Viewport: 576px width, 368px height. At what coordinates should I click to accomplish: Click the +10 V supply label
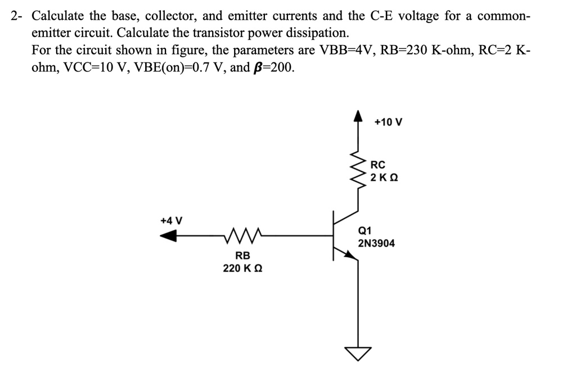(388, 122)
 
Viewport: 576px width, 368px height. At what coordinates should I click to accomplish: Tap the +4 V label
(171, 221)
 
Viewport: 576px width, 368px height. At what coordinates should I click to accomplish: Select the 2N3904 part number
(376, 244)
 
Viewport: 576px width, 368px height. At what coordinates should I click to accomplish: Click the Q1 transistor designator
(364, 230)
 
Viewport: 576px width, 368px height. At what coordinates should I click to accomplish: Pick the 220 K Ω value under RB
(242, 268)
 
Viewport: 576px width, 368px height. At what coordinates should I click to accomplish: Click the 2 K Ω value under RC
(385, 178)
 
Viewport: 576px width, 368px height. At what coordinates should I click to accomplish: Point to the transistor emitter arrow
(350, 255)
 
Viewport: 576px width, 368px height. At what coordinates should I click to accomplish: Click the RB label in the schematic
(242, 255)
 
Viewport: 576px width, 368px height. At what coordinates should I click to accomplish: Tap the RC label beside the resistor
(378, 165)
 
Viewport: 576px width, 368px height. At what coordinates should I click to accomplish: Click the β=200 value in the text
(272, 68)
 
